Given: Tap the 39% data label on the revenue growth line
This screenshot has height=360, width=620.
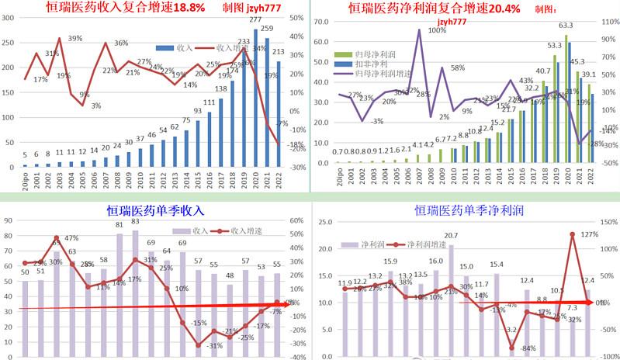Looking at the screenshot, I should point(74,38).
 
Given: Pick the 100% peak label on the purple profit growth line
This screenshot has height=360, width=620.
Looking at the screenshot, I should point(436,31).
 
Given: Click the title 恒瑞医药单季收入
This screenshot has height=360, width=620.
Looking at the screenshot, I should point(154,210).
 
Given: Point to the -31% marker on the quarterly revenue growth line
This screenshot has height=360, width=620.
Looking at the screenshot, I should point(198,344).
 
